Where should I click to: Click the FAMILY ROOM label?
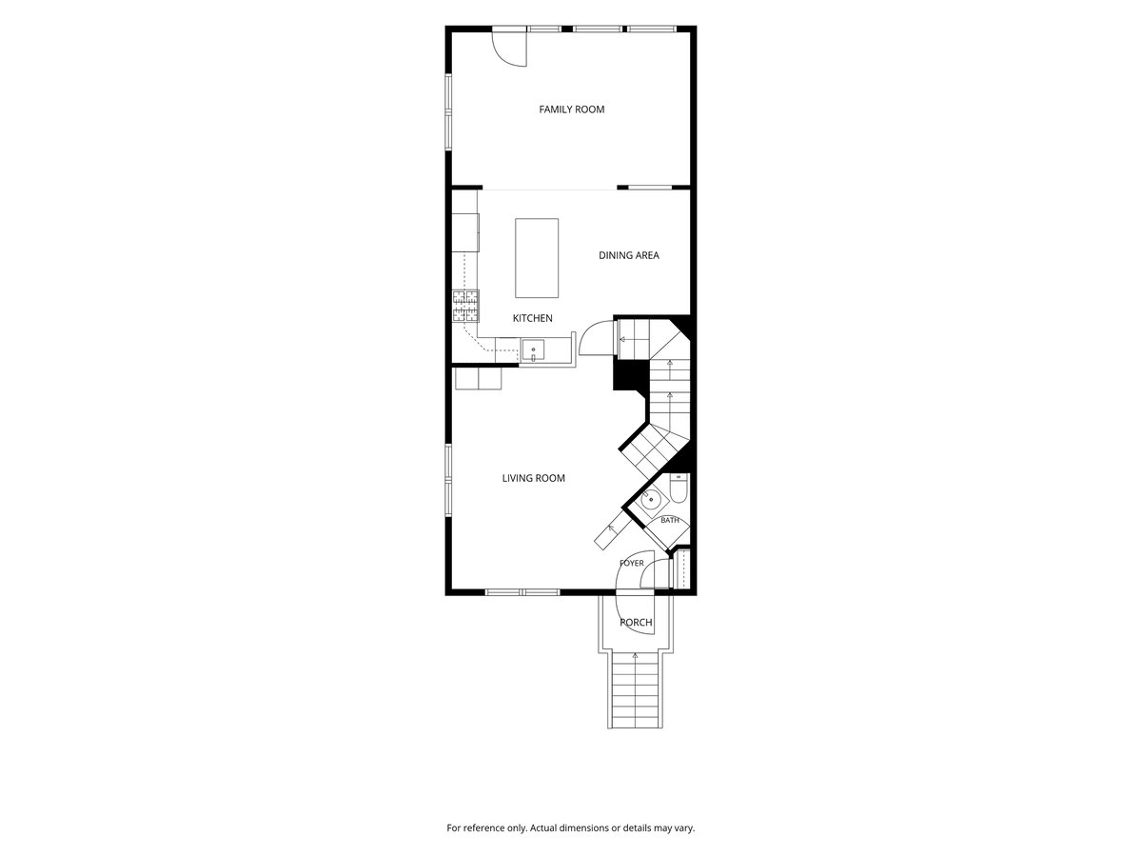[571, 110]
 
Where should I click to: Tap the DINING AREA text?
[628, 255]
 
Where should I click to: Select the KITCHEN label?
[532, 318]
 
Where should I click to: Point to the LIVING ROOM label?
[533, 478]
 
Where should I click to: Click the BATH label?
[670, 520]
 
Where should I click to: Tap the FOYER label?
[632, 563]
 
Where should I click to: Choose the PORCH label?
[636, 623]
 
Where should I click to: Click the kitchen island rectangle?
[537, 258]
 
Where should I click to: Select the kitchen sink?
[533, 350]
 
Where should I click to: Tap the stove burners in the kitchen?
[465, 307]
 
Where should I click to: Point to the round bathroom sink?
[650, 500]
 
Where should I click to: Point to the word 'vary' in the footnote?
[684, 828]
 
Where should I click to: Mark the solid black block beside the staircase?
[630, 374]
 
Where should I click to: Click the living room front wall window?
[522, 592]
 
